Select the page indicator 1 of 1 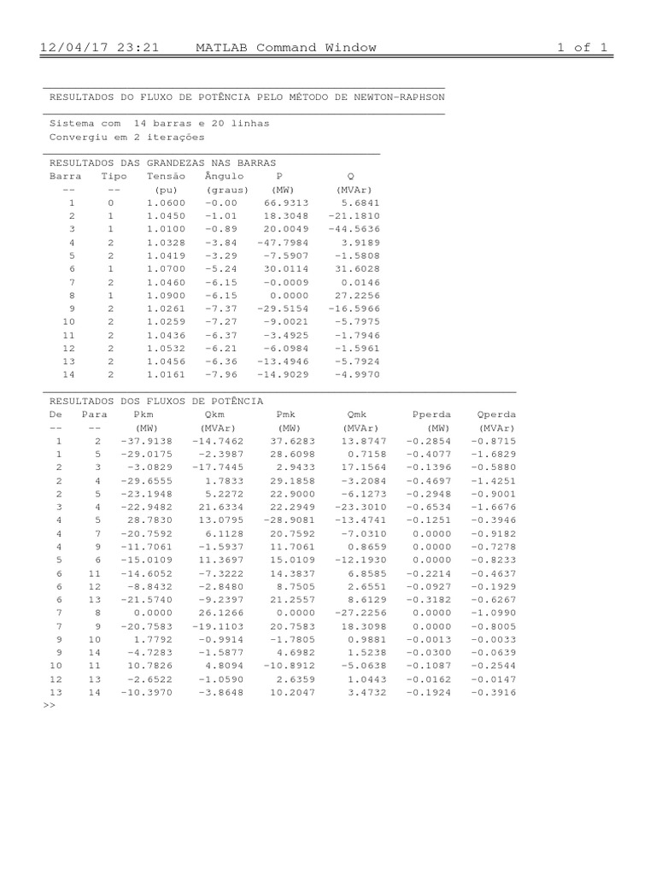(x=583, y=48)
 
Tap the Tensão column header (x=166, y=176)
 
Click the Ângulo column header (x=225, y=176)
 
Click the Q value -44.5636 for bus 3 (x=354, y=230)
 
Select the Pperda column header (x=432, y=414)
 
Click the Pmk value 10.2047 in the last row (x=292, y=693)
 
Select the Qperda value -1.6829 (x=494, y=454)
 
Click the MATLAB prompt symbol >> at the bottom (x=48, y=707)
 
